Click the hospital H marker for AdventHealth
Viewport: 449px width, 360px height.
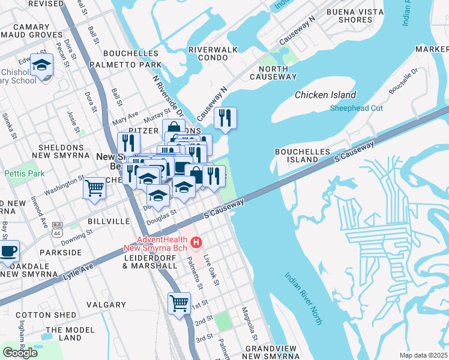(x=196, y=242)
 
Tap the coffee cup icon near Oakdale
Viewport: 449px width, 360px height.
(x=8, y=251)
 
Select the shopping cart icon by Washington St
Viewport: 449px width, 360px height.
(x=94, y=188)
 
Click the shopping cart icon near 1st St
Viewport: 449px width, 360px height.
(x=179, y=303)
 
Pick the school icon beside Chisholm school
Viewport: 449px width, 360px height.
(x=42, y=65)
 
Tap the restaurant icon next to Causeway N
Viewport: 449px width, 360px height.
(x=225, y=118)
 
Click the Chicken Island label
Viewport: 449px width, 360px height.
(x=325, y=95)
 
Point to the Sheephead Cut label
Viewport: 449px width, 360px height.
(x=357, y=108)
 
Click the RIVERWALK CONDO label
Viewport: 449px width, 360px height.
(x=212, y=53)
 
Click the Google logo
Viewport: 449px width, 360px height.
(x=20, y=352)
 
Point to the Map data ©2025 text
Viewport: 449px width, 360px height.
(x=423, y=355)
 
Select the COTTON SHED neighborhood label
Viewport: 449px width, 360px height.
(x=46, y=315)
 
